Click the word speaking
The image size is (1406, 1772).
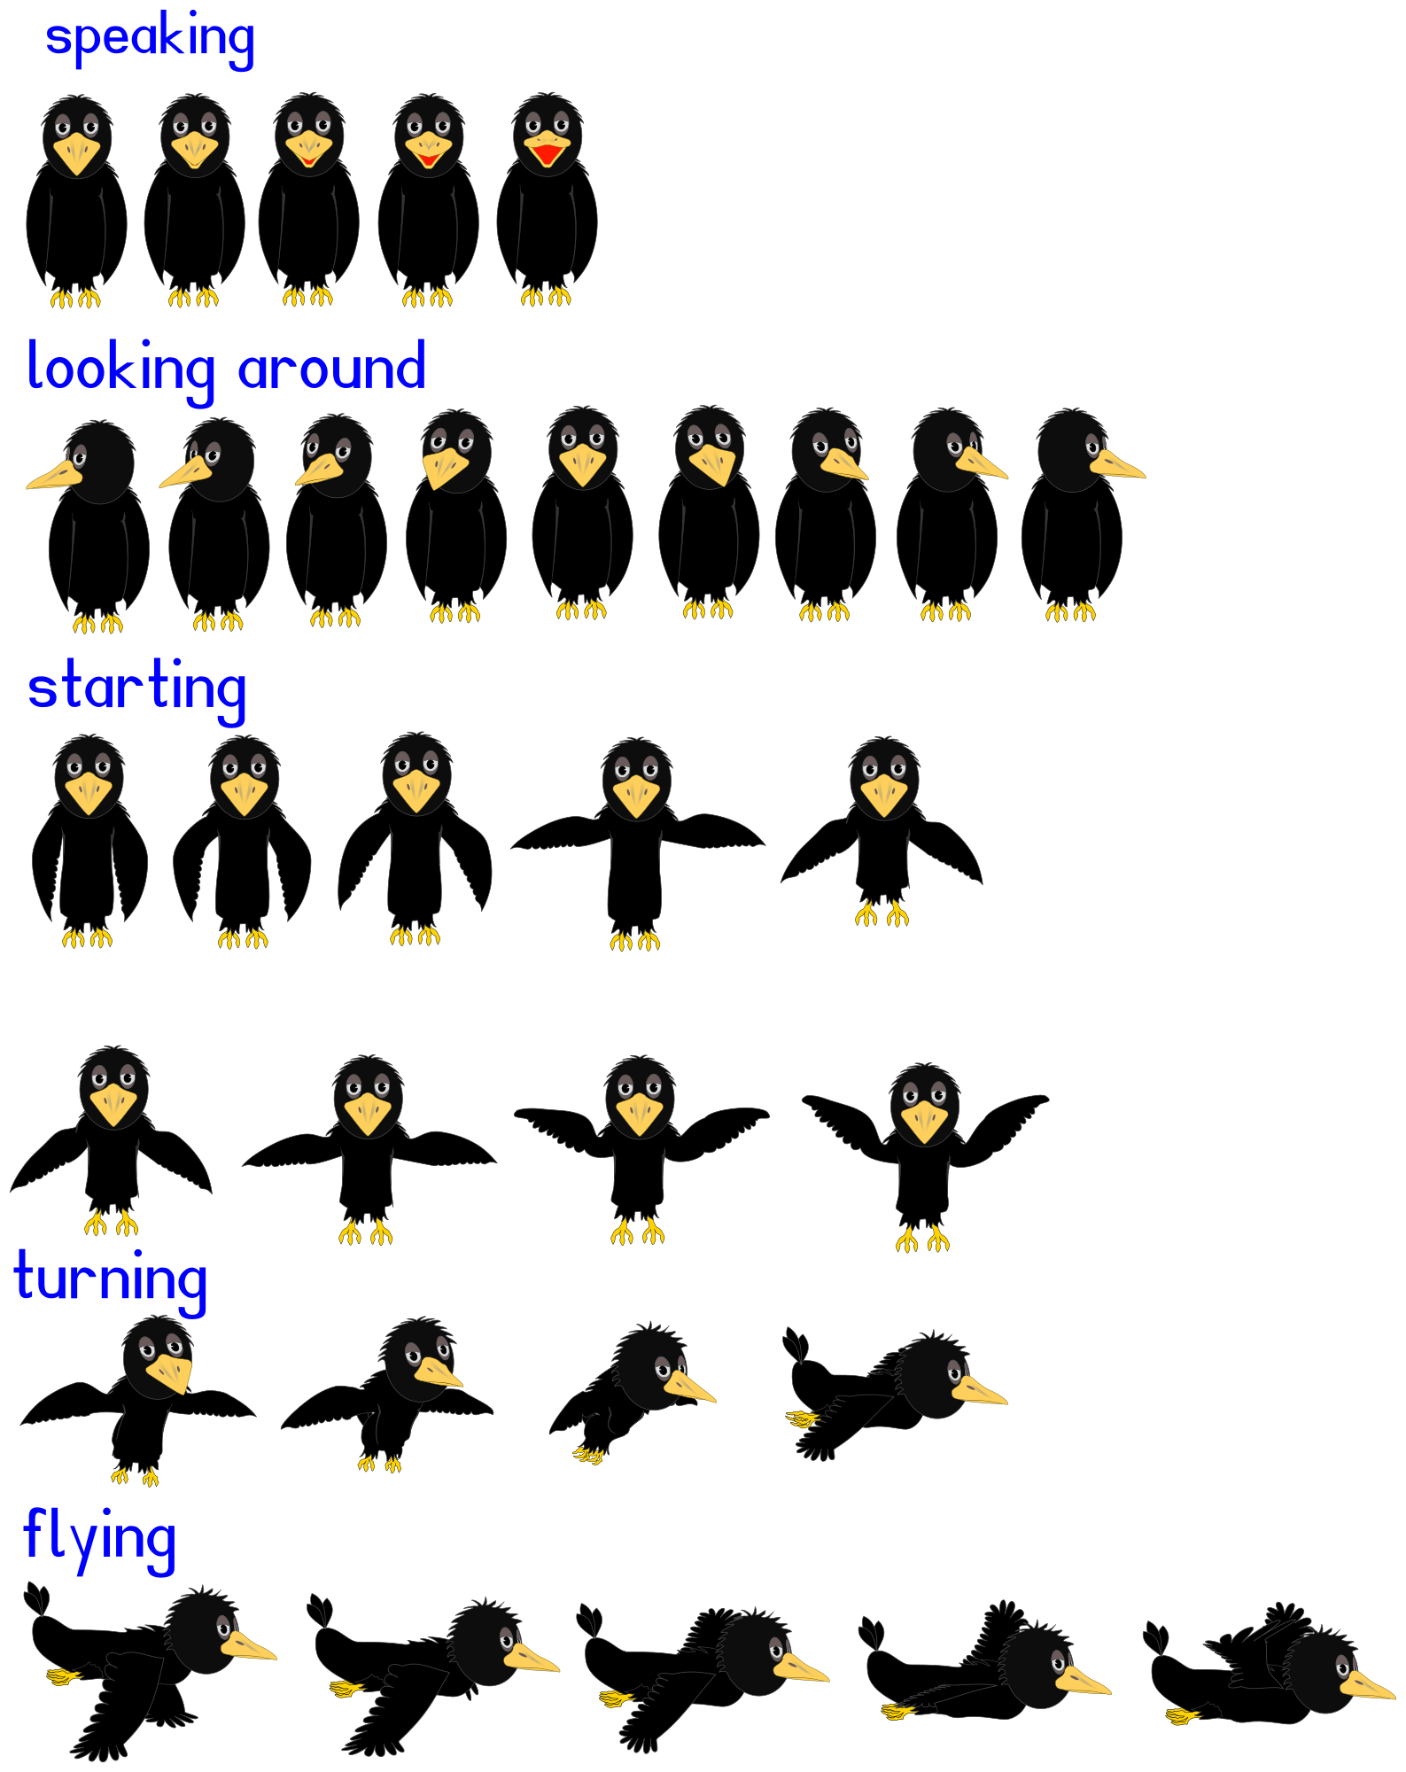coord(150,39)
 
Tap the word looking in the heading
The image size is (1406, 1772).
coord(120,369)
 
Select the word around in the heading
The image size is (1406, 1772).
coord(332,365)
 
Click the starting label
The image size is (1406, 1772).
coord(136,690)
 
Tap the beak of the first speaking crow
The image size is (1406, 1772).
coord(77,153)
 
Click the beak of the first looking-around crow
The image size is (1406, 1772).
coord(54,476)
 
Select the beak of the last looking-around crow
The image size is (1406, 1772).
coord(1117,464)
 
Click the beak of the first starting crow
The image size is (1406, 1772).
coord(89,793)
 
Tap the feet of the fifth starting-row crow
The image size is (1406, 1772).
coord(882,913)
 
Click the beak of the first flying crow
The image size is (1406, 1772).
coord(248,1646)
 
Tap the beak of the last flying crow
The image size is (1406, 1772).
coord(1367,1685)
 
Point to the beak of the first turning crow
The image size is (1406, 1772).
coord(169,1372)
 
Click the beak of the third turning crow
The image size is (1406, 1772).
coord(689,1387)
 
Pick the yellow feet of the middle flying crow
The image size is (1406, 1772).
coord(617,1698)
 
